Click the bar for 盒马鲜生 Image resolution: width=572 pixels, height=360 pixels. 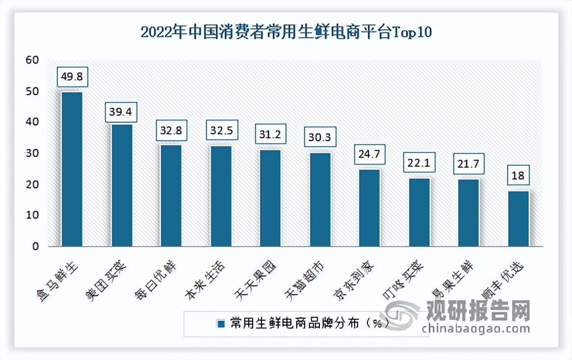pyautogui.click(x=72, y=169)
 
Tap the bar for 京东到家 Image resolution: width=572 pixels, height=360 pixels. pyautogui.click(x=369, y=208)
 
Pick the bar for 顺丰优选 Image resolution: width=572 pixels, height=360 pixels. pyautogui.click(x=518, y=219)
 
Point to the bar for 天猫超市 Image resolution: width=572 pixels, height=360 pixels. pyautogui.click(x=319, y=200)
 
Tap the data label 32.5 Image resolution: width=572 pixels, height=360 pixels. pyautogui.click(x=221, y=131)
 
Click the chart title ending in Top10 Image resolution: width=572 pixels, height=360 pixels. pyautogui.click(x=286, y=32)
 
